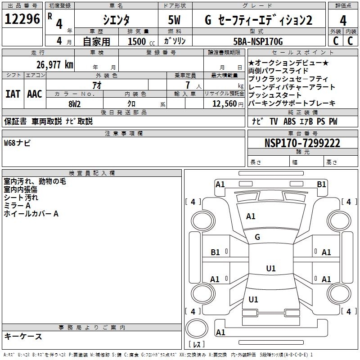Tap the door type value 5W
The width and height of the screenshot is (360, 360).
pos(175,20)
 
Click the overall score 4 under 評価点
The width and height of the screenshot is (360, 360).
pos(343,20)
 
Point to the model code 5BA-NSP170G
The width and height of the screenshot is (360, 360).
pos(258,41)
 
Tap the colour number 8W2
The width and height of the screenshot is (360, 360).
pos(74,103)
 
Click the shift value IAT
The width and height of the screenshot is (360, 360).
pos(13,94)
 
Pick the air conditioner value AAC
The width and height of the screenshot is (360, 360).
pos(34,94)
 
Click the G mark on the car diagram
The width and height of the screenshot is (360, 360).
pos(257,237)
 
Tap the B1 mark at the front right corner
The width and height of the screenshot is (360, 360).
pos(321,184)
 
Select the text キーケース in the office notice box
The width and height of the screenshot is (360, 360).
pos(23,336)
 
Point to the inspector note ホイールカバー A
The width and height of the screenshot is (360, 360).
pos(31,214)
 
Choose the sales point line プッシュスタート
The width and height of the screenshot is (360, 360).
pos(274,95)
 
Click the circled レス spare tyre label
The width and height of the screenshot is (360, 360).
pos(197,345)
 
